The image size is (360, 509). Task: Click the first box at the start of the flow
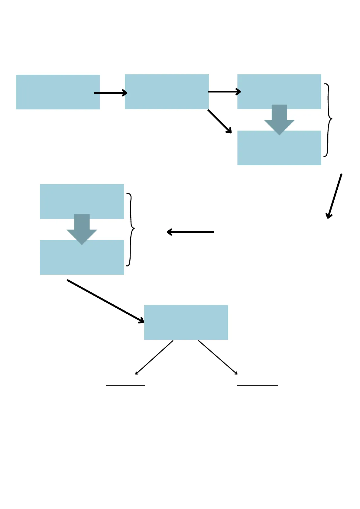pos(58,92)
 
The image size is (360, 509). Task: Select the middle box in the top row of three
pos(167,92)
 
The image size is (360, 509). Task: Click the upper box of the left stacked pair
pos(82,199)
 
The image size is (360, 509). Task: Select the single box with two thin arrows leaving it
pos(186,322)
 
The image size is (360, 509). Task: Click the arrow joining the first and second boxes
pos(110,93)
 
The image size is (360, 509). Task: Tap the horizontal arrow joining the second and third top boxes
pos(224,92)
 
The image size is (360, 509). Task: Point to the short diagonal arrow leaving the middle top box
pos(219,121)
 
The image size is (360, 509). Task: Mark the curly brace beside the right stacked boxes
pos(329,120)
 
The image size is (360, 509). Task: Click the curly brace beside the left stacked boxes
pos(131,229)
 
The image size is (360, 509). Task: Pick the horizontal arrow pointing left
pos(190,232)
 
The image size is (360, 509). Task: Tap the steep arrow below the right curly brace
pos(334,196)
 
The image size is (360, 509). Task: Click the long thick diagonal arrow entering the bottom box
pos(105,301)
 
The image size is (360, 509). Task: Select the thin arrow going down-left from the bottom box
pos(154,357)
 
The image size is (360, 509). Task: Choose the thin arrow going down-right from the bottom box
pos(218,357)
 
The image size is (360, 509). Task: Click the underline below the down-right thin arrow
pos(257,386)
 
